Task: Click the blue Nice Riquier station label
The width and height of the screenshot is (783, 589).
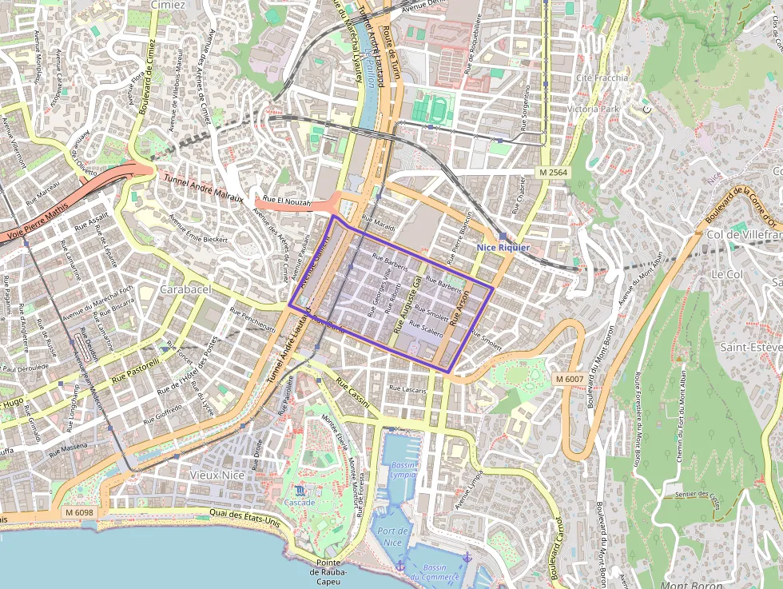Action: [503, 248]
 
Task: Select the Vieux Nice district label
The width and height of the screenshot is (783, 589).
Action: [216, 474]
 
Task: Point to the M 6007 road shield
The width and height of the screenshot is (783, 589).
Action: [568, 378]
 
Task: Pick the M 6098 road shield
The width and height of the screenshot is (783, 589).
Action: [78, 512]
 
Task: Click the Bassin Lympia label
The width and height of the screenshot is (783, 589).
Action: [403, 469]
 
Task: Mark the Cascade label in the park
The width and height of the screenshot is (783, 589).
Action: [300, 502]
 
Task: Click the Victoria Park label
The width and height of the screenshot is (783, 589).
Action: [593, 108]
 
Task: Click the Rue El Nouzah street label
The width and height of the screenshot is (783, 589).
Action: [286, 203]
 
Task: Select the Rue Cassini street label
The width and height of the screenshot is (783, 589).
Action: [352, 392]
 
